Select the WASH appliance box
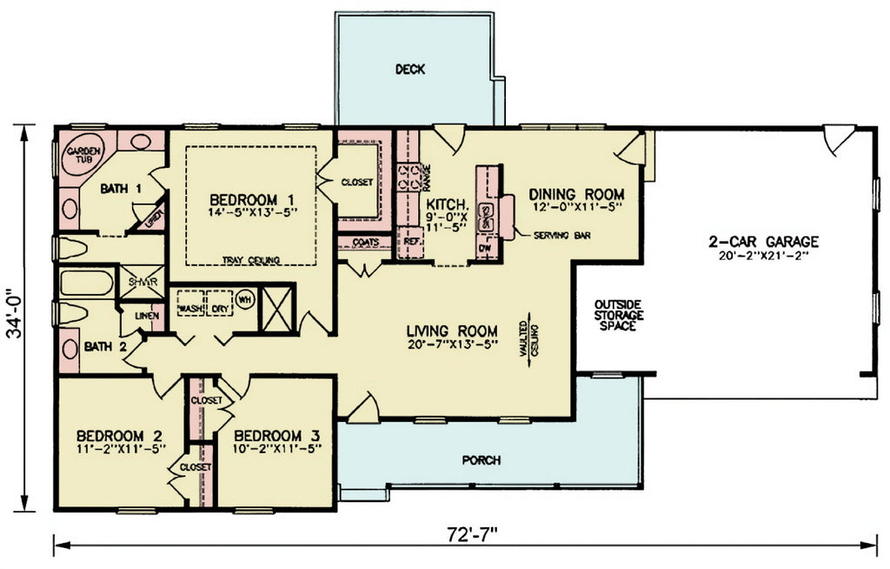[x=190, y=309]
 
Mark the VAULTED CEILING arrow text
[x=529, y=338]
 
